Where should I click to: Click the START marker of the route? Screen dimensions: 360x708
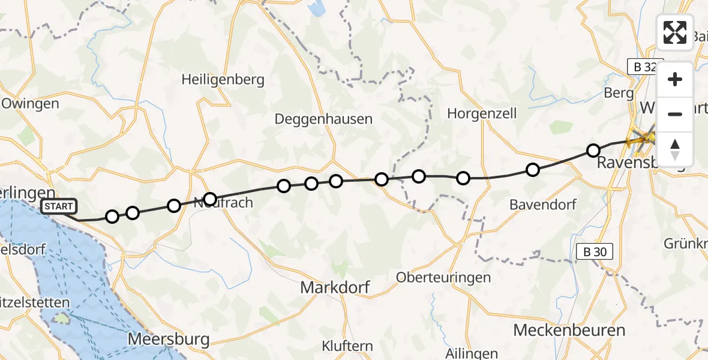(x=59, y=206)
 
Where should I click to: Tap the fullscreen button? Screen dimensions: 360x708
(x=675, y=32)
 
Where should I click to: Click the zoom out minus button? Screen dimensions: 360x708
(x=675, y=114)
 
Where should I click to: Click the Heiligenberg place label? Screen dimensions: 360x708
(x=223, y=80)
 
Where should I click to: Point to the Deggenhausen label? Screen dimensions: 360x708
(x=323, y=119)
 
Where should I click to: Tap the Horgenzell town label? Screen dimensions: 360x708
(x=482, y=113)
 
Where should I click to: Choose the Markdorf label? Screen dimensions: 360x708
(x=335, y=287)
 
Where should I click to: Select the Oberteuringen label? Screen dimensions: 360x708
(x=443, y=277)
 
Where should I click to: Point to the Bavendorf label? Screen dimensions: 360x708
(x=542, y=204)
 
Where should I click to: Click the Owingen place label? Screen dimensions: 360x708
(x=30, y=103)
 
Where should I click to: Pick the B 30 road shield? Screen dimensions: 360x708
(x=594, y=252)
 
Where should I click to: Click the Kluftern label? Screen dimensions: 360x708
(x=347, y=346)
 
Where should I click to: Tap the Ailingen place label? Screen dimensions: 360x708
(x=472, y=353)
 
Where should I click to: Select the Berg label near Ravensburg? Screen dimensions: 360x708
(x=619, y=93)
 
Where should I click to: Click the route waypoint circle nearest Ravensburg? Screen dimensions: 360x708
(x=593, y=150)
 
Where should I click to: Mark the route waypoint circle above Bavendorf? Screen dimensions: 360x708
(x=532, y=170)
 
